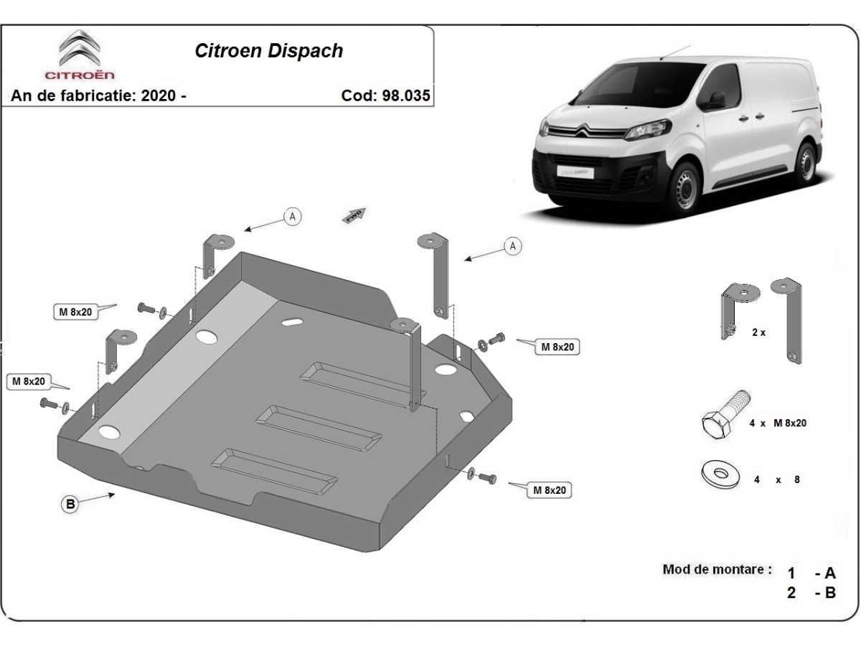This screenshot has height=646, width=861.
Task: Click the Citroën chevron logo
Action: [80, 47]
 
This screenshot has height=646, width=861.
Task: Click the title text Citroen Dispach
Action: [268, 50]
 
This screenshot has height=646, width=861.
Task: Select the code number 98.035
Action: [405, 95]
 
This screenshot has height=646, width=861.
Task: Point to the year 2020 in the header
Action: [158, 95]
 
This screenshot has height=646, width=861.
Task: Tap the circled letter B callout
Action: [70, 504]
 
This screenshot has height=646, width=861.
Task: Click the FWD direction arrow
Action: [354, 215]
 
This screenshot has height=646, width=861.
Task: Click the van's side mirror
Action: [715, 101]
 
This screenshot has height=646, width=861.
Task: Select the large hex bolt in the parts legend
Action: [725, 416]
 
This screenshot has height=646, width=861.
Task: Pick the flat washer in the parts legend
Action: [720, 474]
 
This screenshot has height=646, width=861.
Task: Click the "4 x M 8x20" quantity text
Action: [778, 423]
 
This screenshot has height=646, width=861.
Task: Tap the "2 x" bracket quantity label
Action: [758, 332]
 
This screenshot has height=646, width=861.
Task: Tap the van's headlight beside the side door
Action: [646, 130]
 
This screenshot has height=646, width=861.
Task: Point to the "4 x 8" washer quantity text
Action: [776, 479]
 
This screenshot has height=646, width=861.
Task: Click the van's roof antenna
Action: [674, 52]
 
